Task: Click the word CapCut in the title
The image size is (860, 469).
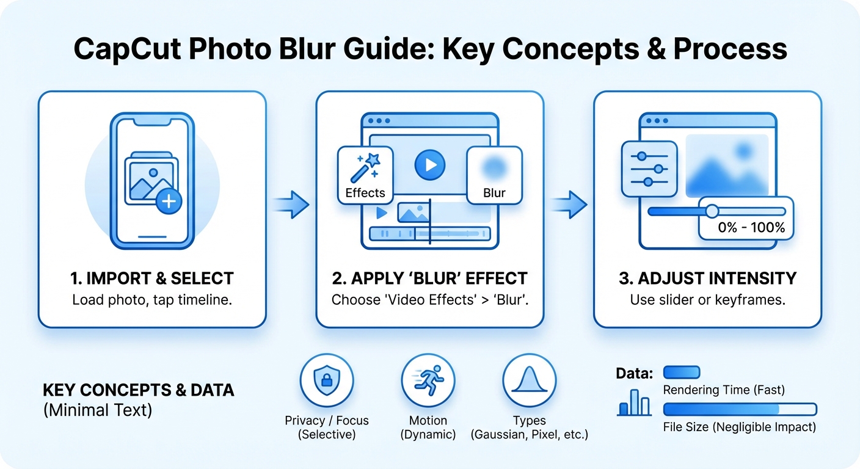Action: pyautogui.click(x=127, y=49)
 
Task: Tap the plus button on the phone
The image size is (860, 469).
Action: pyautogui.click(x=169, y=201)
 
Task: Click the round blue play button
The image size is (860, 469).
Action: pyautogui.click(x=430, y=165)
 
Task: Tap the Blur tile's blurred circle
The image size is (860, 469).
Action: pyautogui.click(x=495, y=168)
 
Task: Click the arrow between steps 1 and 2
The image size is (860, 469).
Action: pyautogui.click(x=291, y=205)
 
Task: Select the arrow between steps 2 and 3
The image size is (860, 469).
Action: pyautogui.click(x=569, y=205)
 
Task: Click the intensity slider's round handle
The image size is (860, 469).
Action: pyautogui.click(x=712, y=211)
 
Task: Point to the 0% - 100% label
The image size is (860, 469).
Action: pyautogui.click(x=751, y=228)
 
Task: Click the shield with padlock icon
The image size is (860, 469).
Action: pyautogui.click(x=327, y=380)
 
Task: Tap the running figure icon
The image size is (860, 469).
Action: pyautogui.click(x=428, y=380)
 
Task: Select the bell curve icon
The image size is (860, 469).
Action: pyautogui.click(x=530, y=380)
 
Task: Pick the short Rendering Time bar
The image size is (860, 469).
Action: pyautogui.click(x=682, y=373)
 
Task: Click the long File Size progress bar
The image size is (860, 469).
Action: pyautogui.click(x=740, y=409)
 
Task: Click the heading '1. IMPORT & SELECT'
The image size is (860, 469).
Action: pyautogui.click(x=152, y=278)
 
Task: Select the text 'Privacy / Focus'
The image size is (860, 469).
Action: pyautogui.click(x=327, y=421)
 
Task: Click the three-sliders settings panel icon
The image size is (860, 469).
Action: pyautogui.click(x=649, y=169)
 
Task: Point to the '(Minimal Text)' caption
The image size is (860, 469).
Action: pyautogui.click(x=98, y=410)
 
